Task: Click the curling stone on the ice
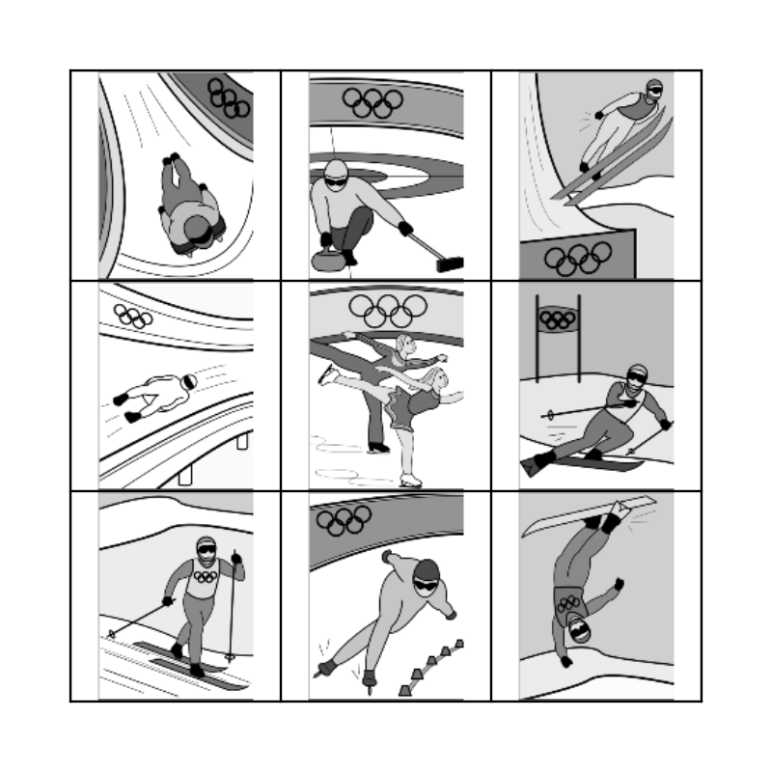point(321,259)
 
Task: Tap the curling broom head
point(450,263)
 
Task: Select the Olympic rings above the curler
point(372,103)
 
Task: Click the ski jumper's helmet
point(654,89)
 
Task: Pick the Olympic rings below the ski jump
point(578,258)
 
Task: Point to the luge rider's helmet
point(189,382)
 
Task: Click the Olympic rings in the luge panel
point(133,316)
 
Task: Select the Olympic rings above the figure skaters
point(388,310)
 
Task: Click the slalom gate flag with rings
point(557,318)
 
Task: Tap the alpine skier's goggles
point(634,380)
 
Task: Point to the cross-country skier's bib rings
point(204,577)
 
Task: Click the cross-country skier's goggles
point(206,550)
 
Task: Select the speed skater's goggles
point(426,582)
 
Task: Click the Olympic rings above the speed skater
point(345,520)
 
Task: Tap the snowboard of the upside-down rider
point(590,515)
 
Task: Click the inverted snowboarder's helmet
point(578,632)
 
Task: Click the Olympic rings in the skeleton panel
point(230,97)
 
